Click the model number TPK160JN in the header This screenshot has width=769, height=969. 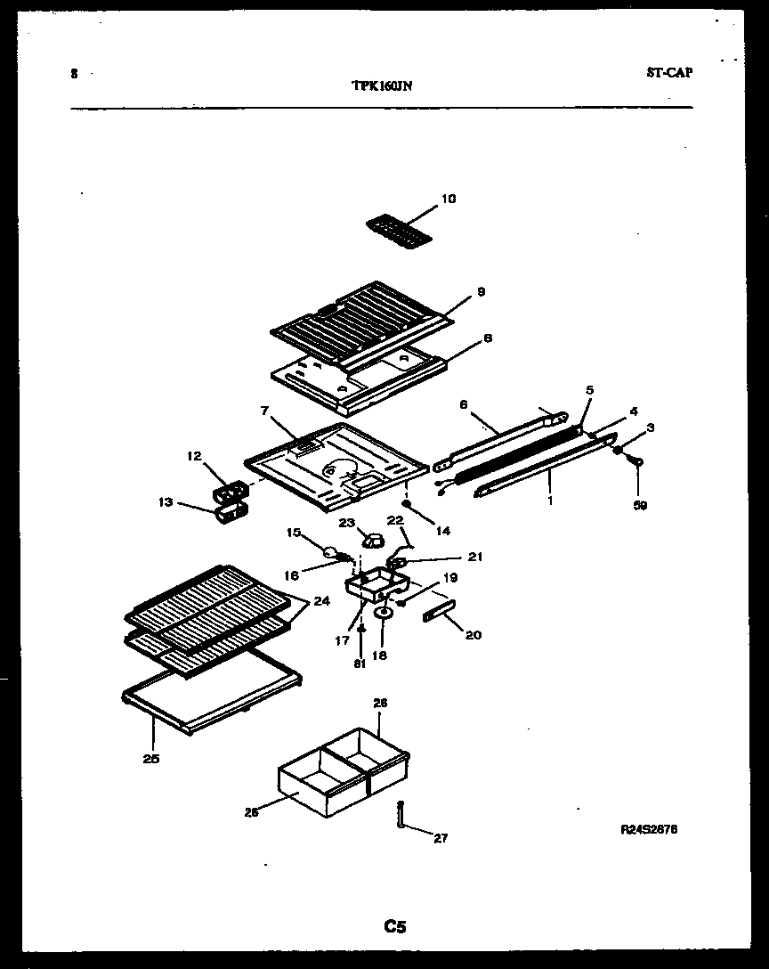381,86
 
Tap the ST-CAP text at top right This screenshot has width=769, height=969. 668,73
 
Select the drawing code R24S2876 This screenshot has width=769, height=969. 649,829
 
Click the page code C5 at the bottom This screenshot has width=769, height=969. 395,927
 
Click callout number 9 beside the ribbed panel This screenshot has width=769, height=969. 481,291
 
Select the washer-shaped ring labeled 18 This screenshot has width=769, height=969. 384,613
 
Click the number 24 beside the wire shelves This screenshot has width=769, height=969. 320,600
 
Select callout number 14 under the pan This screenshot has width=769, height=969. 442,531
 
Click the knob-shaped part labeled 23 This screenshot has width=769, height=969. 373,539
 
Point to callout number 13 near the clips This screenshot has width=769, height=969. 165,502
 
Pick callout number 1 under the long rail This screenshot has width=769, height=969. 549,501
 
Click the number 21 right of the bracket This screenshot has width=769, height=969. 475,557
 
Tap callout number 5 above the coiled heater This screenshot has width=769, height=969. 588,389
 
